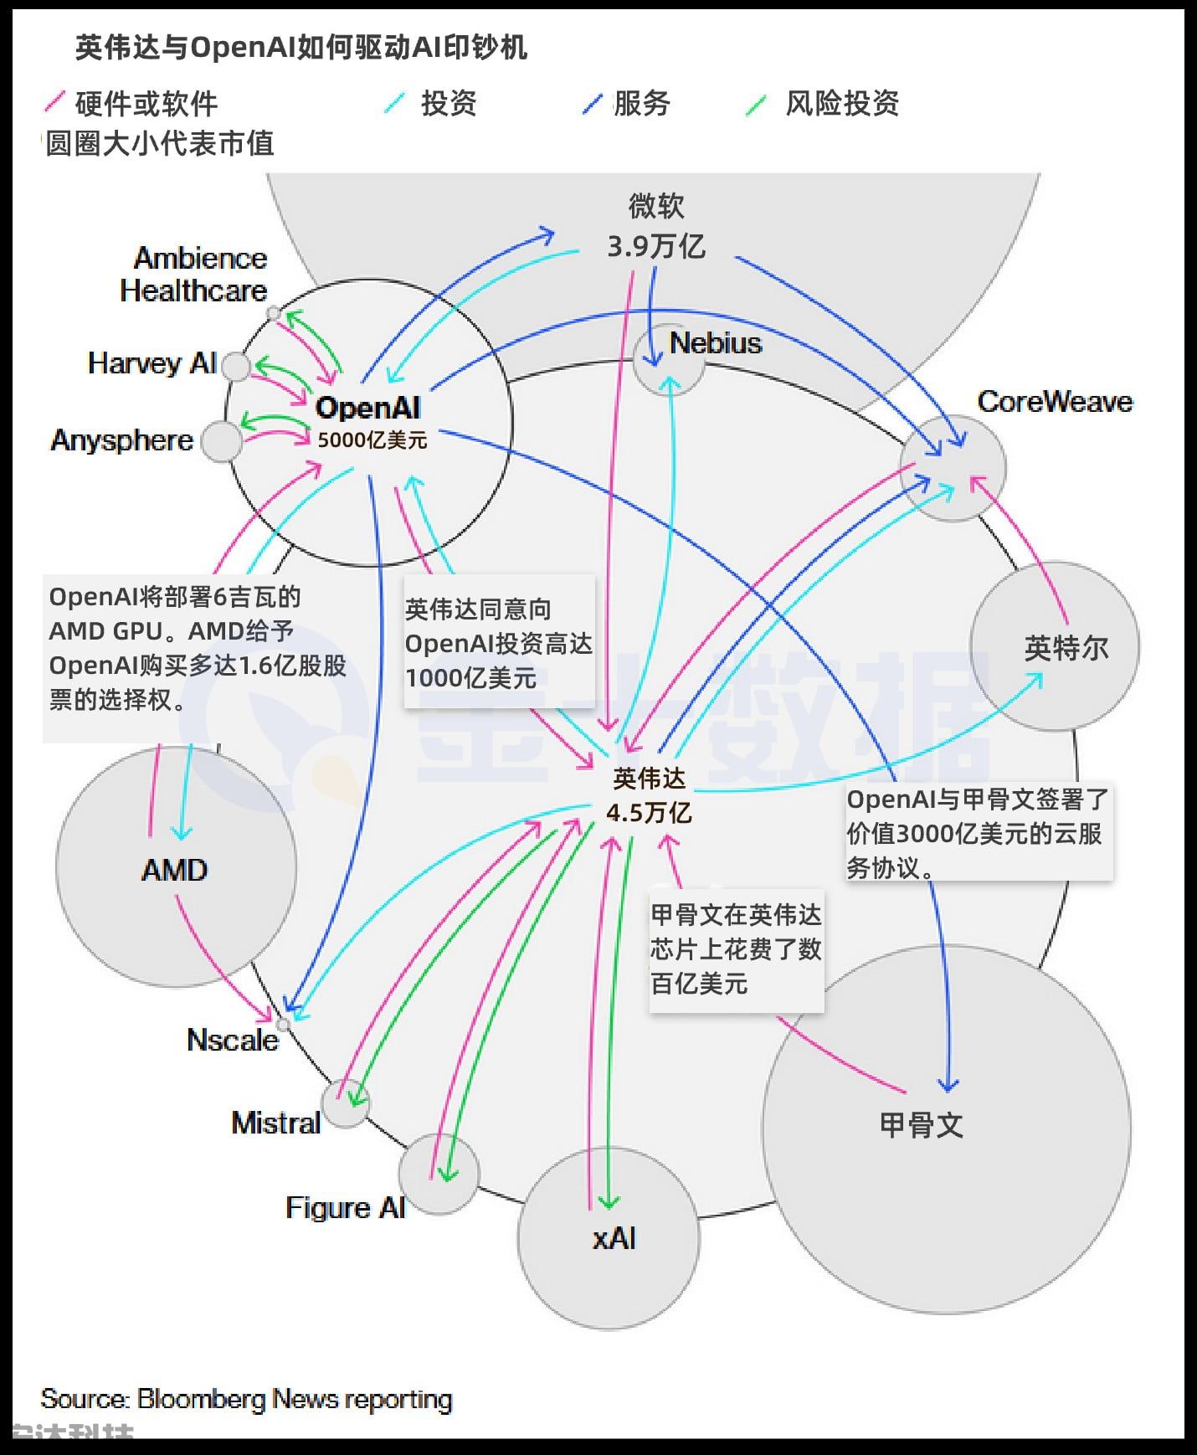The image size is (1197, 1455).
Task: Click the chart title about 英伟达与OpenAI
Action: pos(301,48)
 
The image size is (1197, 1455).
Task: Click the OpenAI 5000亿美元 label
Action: pos(370,423)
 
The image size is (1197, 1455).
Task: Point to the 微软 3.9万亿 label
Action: pos(656,227)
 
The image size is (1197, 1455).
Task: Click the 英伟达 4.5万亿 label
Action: pos(649,795)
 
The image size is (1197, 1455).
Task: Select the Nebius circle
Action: pos(668,358)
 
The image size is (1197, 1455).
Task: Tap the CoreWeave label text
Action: pos(1054,402)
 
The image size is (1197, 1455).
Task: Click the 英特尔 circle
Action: pos(1055,646)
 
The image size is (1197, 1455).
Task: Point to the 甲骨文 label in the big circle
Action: pos(921,1124)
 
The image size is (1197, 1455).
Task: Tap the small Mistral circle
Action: pos(346,1103)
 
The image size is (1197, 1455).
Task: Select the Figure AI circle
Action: pos(439,1175)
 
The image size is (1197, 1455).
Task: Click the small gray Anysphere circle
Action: pos(222,441)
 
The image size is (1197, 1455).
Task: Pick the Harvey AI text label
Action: pos(152,363)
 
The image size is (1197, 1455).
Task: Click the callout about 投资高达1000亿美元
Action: pos(499,643)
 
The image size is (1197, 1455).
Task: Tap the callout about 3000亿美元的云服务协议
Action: pos(978,833)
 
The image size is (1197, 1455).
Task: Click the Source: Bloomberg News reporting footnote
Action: pos(246,1399)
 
